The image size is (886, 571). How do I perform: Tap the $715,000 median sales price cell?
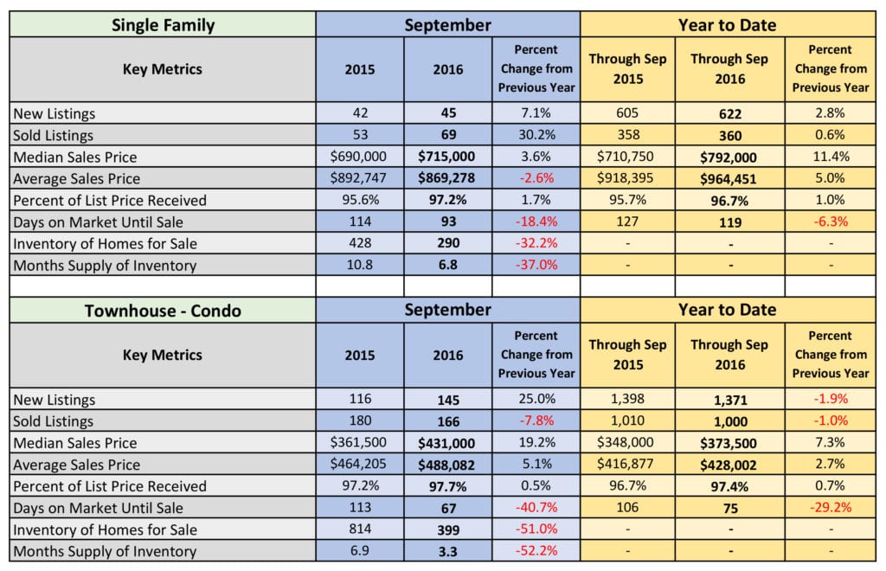tap(447, 157)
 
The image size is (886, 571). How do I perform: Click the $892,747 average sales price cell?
tap(359, 178)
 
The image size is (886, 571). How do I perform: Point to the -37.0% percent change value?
tap(536, 265)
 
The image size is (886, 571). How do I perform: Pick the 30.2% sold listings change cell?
tap(536, 135)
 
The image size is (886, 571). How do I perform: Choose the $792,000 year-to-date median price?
tap(729, 157)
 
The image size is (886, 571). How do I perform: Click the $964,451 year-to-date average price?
tap(729, 178)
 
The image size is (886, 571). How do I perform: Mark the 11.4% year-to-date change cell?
tap(830, 157)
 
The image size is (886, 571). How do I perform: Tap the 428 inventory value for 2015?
tap(359, 243)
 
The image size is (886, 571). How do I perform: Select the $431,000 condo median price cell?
tap(447, 442)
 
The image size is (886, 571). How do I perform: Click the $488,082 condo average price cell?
tap(447, 465)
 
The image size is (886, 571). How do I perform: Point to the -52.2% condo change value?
tap(536, 551)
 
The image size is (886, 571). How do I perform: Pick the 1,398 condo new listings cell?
tap(627, 399)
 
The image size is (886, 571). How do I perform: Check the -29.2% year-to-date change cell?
tap(830, 508)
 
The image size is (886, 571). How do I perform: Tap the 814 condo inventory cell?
tap(359, 529)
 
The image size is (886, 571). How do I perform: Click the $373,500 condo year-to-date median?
tap(729, 442)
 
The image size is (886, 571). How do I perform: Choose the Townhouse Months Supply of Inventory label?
tap(105, 551)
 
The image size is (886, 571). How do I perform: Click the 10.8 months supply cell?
tap(359, 265)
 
